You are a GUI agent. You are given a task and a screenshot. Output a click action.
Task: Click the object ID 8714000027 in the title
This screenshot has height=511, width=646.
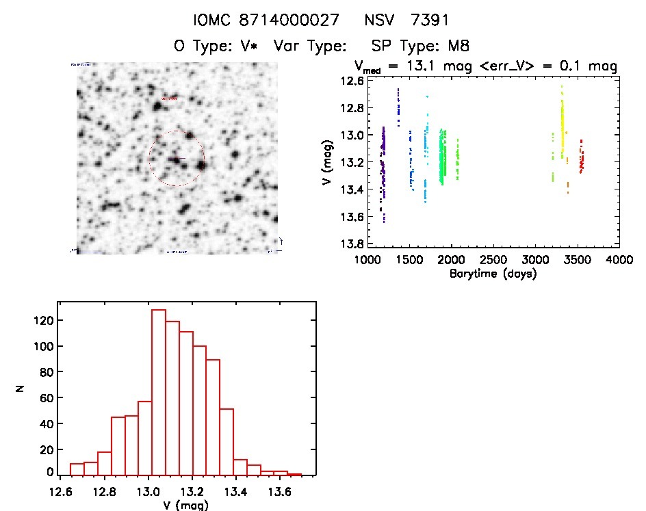(289, 21)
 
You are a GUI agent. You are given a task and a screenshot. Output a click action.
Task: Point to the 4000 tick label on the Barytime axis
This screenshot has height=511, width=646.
(619, 261)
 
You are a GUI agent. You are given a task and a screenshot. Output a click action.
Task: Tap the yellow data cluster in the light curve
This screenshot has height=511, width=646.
(563, 127)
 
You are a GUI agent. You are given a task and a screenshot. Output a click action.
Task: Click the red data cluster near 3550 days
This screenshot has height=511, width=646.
(581, 161)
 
